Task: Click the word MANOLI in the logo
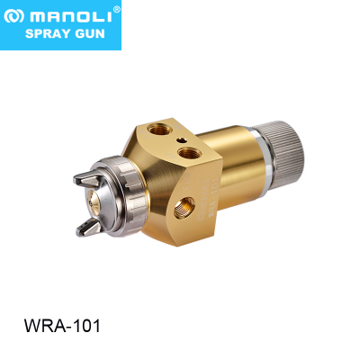click(x=70, y=17)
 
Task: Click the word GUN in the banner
click(x=89, y=33)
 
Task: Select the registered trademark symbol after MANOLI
click(x=117, y=9)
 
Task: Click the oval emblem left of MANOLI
click(x=13, y=17)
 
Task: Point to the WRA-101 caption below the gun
click(x=62, y=326)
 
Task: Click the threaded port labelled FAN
click(x=159, y=130)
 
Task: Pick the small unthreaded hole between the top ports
click(x=182, y=140)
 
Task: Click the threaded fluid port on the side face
click(x=184, y=208)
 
